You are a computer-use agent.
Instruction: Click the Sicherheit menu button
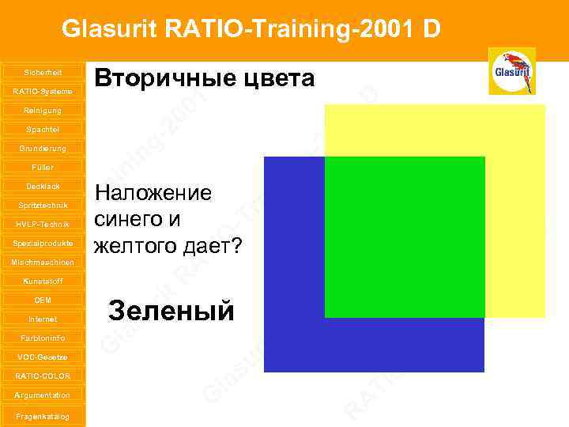point(43,72)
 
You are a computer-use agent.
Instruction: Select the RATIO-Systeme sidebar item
point(43,91)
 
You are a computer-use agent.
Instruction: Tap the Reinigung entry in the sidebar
point(43,110)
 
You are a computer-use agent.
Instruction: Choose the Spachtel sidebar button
point(43,129)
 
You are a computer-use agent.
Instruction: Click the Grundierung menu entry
point(43,148)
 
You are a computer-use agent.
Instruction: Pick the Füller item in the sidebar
point(43,167)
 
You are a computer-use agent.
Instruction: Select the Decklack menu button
point(43,186)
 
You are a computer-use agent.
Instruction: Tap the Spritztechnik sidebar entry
point(43,205)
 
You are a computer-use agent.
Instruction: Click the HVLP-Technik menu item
point(43,224)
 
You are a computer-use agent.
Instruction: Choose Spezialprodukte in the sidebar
point(43,243)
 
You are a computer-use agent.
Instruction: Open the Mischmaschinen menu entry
point(43,262)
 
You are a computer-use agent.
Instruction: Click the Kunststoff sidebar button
point(43,281)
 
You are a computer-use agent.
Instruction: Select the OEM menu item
point(43,300)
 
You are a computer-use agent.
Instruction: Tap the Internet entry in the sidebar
point(43,319)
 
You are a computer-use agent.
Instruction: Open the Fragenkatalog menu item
point(43,416)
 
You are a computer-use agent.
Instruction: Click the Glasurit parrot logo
point(511,71)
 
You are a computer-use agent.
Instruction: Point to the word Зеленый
point(171,311)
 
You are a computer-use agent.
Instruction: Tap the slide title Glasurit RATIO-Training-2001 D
point(251,29)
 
